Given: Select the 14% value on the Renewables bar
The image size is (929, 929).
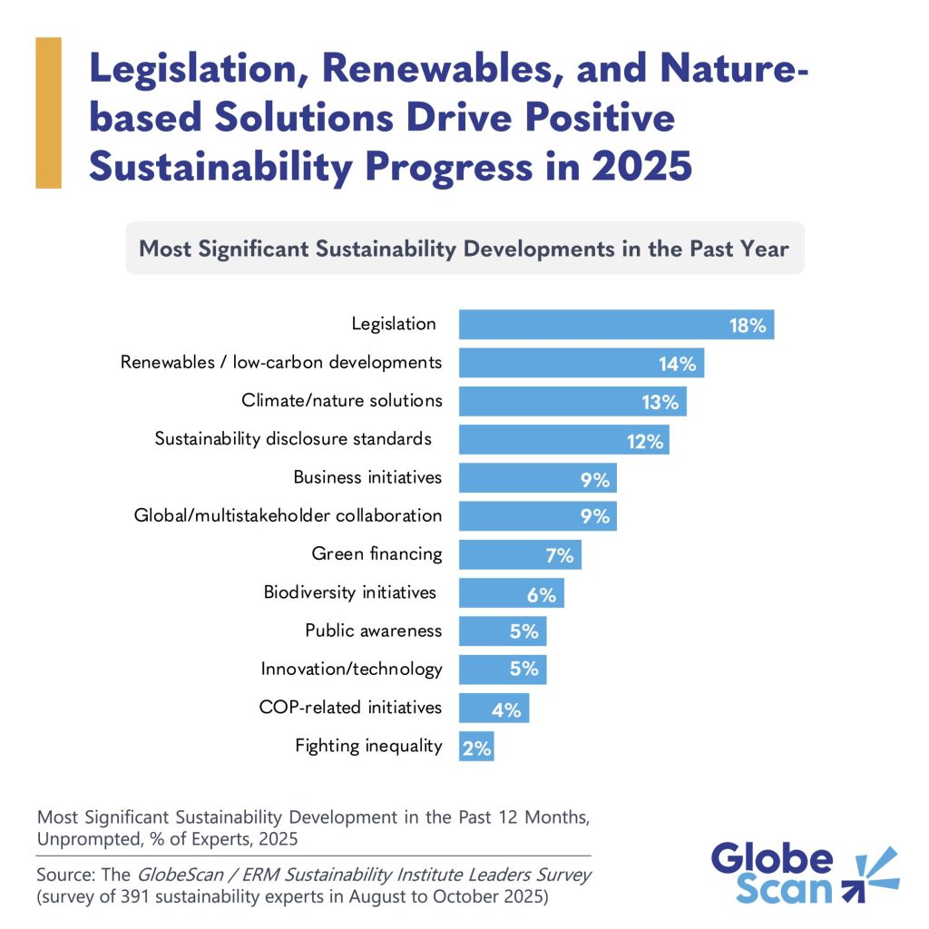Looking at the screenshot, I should point(678,364).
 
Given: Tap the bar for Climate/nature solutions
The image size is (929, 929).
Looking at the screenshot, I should point(572,401).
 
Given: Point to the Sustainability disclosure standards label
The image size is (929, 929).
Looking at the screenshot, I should point(292,439).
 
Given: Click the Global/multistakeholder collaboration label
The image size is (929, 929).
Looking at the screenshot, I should point(288,515).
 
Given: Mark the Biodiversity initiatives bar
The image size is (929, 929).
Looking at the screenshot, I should point(511,593).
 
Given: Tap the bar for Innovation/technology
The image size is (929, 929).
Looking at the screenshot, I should point(502,670).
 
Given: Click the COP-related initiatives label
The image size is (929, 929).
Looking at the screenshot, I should point(351,707).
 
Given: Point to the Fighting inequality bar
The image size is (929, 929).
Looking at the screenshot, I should point(476,747).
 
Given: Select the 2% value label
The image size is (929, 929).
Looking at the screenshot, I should point(477,748).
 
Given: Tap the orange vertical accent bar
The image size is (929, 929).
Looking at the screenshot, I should point(48,112).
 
